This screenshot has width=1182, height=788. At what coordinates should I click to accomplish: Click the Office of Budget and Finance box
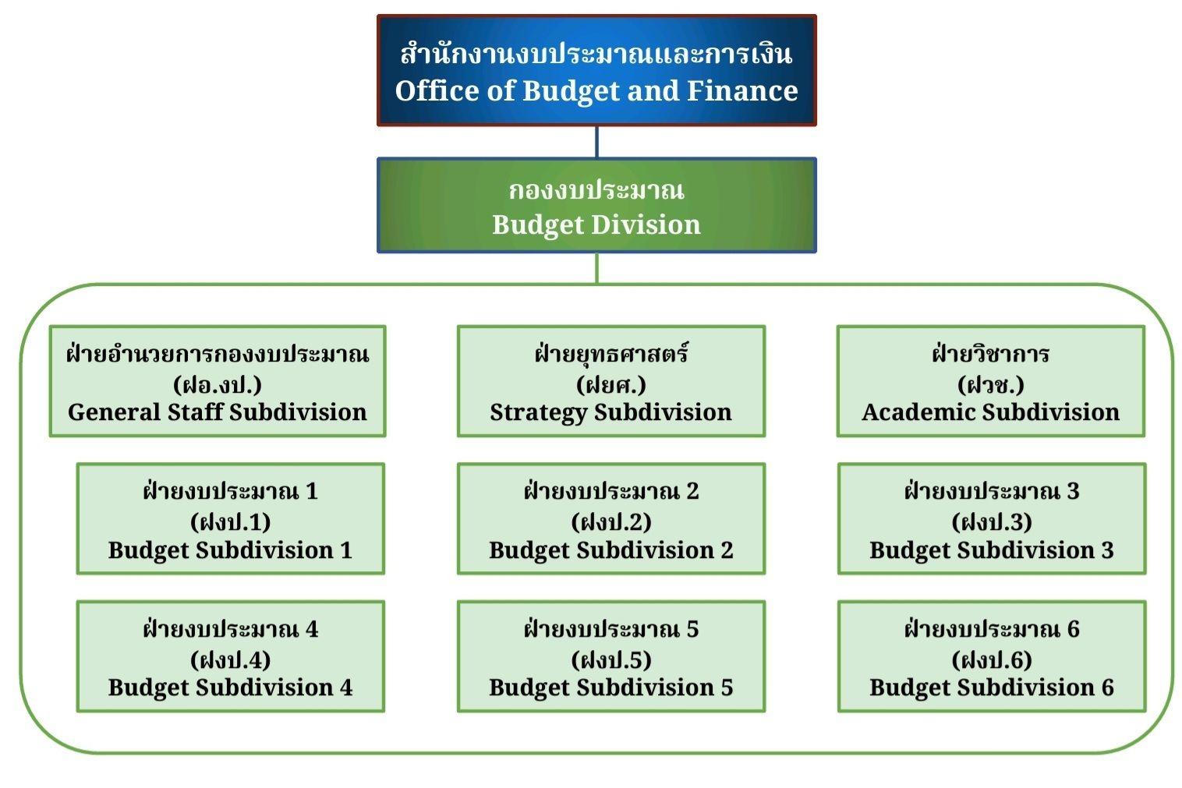click(596, 71)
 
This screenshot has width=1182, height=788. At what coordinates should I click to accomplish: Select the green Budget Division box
click(596, 205)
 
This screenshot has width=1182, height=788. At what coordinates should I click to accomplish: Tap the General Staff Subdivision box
click(218, 381)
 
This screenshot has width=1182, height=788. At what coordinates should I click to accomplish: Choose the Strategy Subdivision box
click(611, 381)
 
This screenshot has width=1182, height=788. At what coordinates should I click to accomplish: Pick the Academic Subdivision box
click(991, 381)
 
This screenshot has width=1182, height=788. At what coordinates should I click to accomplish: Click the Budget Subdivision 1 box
click(231, 519)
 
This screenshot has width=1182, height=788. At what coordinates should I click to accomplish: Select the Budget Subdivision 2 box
click(611, 519)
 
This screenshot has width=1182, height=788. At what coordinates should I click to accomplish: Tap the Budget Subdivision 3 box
click(992, 519)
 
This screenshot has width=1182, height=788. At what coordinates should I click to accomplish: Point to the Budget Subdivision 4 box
click(231, 656)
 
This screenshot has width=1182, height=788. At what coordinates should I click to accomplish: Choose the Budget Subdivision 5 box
click(611, 656)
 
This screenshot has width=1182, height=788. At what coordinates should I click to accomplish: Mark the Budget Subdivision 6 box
click(992, 656)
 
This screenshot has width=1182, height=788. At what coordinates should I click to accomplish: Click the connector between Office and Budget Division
click(596, 142)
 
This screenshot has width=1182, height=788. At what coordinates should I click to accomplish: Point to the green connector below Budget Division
click(596, 269)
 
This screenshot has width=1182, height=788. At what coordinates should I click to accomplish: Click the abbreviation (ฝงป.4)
click(231, 660)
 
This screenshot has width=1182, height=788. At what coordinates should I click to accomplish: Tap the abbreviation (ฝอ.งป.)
click(218, 385)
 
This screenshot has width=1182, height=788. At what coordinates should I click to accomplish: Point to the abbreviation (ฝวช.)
click(991, 385)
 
